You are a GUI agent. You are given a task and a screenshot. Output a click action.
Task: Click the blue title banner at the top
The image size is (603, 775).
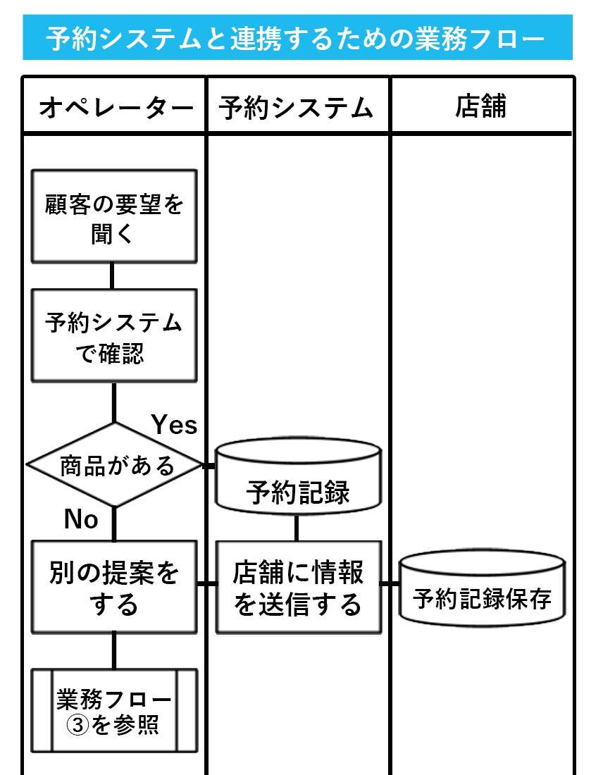[297, 37]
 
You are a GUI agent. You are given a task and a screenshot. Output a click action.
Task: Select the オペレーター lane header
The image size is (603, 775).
[114, 107]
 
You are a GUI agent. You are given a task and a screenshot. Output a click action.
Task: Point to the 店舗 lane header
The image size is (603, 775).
[481, 107]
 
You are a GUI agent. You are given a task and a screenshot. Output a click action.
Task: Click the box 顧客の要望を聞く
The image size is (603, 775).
[114, 217]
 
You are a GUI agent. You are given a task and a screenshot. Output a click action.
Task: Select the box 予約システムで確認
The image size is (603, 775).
[114, 336]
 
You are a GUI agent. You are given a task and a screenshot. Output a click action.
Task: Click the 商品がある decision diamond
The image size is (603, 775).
[115, 465]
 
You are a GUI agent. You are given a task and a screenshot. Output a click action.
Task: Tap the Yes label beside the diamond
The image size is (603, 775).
[174, 425]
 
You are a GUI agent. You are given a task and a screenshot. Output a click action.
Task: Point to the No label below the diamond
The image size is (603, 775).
[81, 519]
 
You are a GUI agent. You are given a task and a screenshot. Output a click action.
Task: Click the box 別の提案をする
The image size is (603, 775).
[114, 587]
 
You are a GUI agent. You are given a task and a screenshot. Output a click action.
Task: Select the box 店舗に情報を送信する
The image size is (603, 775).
[297, 587]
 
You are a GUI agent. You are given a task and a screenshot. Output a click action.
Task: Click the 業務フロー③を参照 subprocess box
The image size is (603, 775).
[114, 711]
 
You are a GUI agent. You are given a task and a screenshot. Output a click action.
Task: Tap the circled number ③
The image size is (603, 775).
[77, 725]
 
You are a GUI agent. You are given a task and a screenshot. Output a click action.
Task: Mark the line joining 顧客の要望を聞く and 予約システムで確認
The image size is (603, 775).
[112, 275]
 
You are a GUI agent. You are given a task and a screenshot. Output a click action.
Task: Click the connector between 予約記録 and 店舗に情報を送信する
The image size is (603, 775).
[296, 527]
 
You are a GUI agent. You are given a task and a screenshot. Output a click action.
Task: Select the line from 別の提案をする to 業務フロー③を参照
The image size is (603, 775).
[113, 650]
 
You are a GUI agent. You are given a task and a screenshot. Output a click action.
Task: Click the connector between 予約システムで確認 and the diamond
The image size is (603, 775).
[114, 402]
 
